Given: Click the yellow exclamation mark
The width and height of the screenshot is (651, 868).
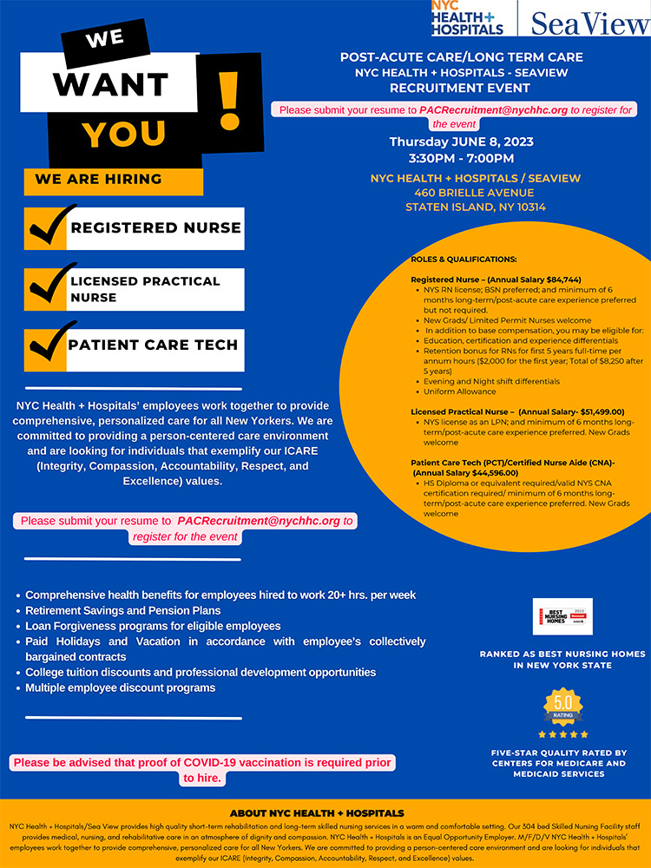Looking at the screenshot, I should coord(227,102).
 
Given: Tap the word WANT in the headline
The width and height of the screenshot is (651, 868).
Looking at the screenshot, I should coord(110,84).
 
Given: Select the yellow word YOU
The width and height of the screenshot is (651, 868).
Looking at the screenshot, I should coord(124,133).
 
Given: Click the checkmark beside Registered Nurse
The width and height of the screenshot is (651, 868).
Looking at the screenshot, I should coord(51,227).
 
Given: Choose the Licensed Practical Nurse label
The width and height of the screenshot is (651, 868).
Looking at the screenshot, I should coord(145,289).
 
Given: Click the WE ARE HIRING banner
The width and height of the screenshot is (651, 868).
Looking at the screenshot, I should coord(98,180).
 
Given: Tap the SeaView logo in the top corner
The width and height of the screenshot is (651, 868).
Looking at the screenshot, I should coord(590,22).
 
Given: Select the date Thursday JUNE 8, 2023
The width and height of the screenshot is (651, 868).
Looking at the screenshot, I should coord(461,141).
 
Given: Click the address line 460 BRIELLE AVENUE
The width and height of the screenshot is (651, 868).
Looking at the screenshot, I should coord(461,193).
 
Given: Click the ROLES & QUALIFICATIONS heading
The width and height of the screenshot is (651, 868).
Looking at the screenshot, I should coord(464,260).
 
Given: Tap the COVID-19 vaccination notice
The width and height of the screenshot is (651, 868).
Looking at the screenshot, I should coord(202,770).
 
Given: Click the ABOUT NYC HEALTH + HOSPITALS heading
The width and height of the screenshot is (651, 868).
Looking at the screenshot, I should coord(317,813).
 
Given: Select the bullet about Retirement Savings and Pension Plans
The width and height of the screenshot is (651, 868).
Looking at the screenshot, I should coord(122,610).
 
